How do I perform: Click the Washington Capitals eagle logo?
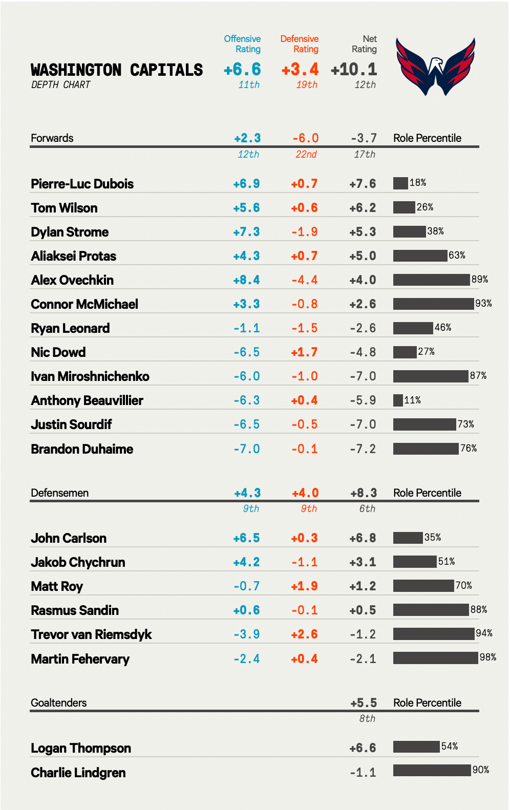[x=435, y=67]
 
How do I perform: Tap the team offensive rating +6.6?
[x=242, y=70]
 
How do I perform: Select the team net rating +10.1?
[x=354, y=70]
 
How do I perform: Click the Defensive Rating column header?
[x=300, y=44]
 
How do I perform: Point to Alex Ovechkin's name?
[x=72, y=280]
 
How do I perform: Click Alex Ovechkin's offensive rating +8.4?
[x=246, y=280]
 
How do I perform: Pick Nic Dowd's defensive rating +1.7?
[x=304, y=352]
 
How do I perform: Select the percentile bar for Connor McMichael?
[x=433, y=304]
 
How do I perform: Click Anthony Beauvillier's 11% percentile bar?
[x=398, y=400]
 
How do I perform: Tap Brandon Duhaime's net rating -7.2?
[x=363, y=449]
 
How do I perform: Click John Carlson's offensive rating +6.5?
[x=246, y=538]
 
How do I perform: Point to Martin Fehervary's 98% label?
[x=488, y=657]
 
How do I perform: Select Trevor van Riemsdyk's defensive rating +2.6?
[x=304, y=634]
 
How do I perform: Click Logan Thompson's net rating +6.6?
[x=363, y=748]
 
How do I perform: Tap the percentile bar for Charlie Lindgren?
[x=432, y=770]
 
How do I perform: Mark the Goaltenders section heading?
[x=58, y=703]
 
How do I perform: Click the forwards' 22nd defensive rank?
[x=306, y=154]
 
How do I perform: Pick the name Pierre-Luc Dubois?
[x=82, y=184]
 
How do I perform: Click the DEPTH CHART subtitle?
[x=60, y=85]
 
